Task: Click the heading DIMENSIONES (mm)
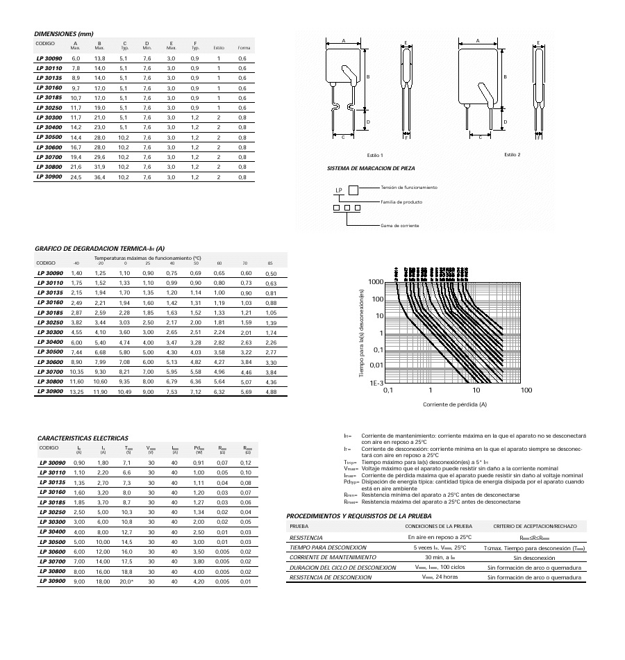coord(63,34)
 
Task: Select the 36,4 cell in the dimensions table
coord(99,177)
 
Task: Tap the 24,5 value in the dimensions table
coord(76,177)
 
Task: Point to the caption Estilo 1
coord(376,154)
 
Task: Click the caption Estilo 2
coord(512,154)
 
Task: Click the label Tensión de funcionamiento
coord(409,188)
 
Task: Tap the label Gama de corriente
coord(400,226)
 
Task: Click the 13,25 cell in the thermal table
coord(76,392)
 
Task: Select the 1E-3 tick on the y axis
coord(375,382)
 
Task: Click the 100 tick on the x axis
coord(526,390)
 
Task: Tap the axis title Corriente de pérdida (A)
coord(454,404)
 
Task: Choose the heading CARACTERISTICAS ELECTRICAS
coord(83,438)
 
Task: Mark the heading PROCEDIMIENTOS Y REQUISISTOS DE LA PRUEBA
coord(359,516)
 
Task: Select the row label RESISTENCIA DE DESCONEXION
coord(332,577)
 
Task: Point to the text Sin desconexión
coord(535,557)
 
